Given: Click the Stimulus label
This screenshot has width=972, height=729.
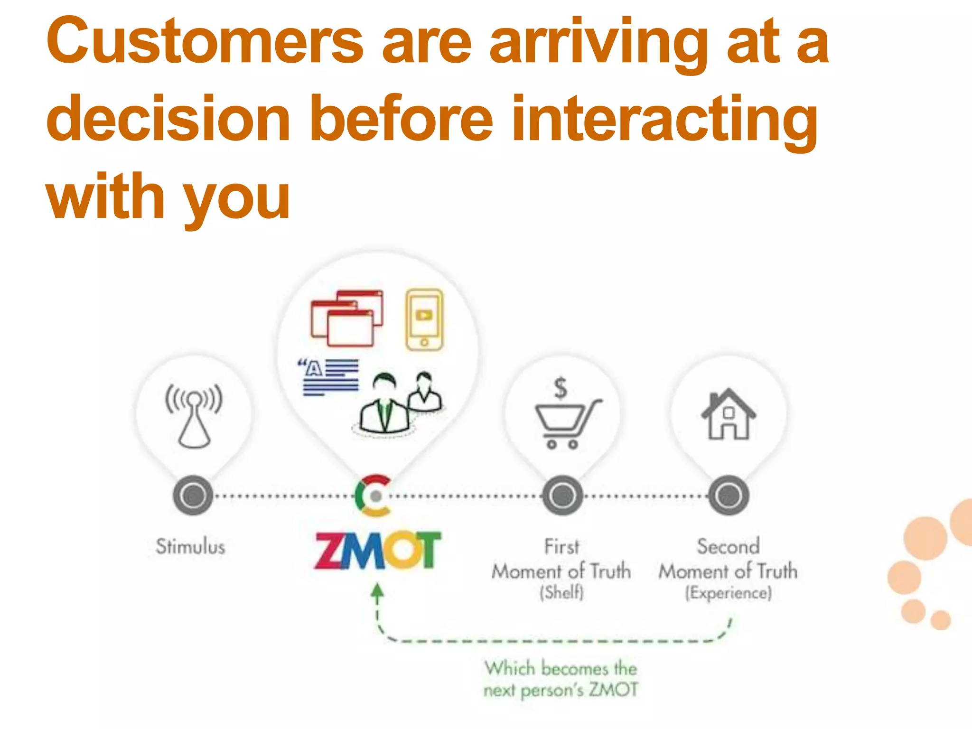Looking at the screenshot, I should (190, 547).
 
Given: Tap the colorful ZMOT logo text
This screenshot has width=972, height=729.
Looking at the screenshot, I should (377, 551).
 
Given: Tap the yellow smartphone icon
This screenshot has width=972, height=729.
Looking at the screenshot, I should (424, 320).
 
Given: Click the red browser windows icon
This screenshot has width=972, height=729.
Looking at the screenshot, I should (347, 318).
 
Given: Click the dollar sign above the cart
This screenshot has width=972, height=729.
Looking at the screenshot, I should (561, 387).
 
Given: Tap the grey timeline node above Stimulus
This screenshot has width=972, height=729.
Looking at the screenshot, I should (193, 495).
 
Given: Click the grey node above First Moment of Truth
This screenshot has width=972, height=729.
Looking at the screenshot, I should (562, 495).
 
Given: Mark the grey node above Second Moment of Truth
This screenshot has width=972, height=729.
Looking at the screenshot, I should (729, 495).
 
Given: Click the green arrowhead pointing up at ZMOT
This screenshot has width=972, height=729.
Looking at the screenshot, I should (377, 591).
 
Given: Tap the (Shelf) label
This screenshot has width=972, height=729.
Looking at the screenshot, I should (561, 592).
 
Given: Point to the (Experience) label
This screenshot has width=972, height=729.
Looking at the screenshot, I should (729, 593).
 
